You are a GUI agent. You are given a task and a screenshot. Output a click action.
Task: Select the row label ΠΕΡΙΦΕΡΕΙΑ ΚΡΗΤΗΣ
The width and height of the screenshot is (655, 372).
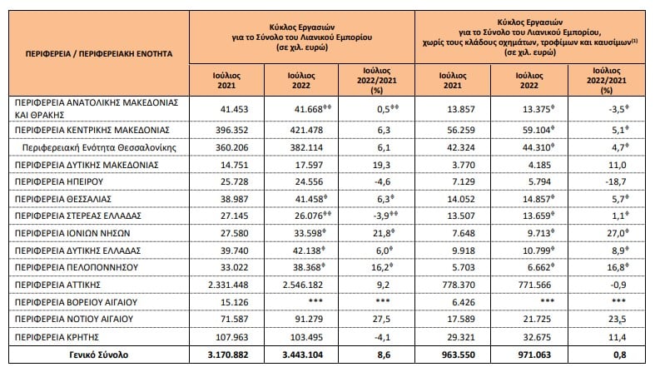pyautogui.click(x=57, y=337)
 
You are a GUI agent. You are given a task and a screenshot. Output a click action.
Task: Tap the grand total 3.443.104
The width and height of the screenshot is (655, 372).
pyautogui.click(x=303, y=355)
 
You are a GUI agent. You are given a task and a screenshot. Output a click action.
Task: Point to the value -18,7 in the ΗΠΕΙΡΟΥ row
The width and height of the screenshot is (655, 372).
pyautogui.click(x=616, y=181)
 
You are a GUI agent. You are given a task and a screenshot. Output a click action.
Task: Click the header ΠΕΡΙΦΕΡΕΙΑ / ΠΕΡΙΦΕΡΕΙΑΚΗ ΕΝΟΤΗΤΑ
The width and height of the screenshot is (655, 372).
pyautogui.click(x=99, y=54)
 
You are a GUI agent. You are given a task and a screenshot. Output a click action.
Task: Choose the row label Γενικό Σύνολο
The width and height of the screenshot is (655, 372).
pyautogui.click(x=99, y=355)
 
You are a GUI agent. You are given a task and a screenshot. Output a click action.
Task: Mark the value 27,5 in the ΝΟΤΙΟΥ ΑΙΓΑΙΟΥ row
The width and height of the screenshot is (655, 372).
pyautogui.click(x=381, y=320)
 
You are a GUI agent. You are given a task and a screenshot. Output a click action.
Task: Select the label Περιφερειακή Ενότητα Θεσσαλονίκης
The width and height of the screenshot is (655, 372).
pyautogui.click(x=99, y=147)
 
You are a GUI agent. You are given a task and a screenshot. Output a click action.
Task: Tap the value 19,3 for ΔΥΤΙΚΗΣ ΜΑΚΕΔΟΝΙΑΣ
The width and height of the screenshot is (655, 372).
pyautogui.click(x=381, y=165)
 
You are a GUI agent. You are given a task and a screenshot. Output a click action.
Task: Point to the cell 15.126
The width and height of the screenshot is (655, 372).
pyautogui.click(x=235, y=302)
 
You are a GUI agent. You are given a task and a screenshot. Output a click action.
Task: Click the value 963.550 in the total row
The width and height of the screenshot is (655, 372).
pyautogui.click(x=459, y=355)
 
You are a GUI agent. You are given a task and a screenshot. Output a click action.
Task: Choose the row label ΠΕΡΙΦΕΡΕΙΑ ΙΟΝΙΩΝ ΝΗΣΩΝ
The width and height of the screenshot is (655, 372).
pyautogui.click(x=72, y=233)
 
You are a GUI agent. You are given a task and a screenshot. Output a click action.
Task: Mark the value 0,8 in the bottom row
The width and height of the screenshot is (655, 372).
pyautogui.click(x=620, y=355)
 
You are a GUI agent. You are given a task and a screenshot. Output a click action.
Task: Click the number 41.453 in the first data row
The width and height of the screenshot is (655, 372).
pyautogui.click(x=235, y=109)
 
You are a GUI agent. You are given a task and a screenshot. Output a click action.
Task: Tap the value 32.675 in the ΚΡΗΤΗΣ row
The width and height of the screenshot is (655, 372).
pyautogui.click(x=537, y=337)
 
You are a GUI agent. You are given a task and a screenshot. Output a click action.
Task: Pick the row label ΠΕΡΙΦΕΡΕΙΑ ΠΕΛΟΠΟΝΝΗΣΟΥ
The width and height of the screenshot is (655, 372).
pyautogui.click(x=77, y=267)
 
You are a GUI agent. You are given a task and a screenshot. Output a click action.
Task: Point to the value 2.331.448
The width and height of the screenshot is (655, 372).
pyautogui.click(x=228, y=285)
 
